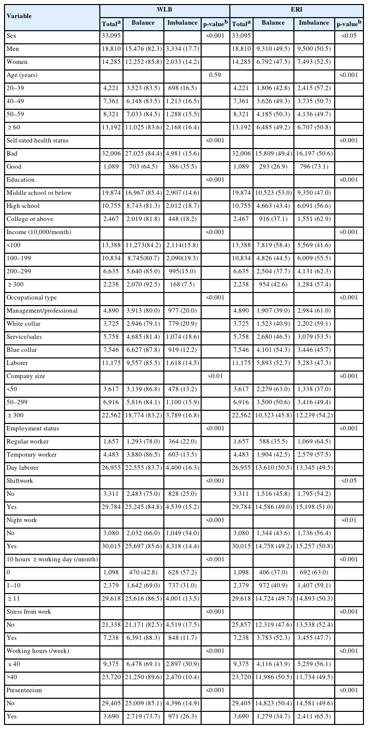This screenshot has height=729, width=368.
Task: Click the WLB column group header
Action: pos(164,10)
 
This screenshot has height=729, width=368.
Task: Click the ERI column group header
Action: pos(296,10)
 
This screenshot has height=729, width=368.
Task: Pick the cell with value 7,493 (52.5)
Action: pos(314,62)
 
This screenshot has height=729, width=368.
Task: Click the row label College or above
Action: pos(30,219)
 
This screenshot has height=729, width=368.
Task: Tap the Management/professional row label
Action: pos(42,311)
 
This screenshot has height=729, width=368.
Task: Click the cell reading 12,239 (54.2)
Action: pos(314,415)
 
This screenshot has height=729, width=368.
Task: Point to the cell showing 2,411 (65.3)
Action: pos(314,716)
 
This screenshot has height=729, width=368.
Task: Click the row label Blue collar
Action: pos(22,350)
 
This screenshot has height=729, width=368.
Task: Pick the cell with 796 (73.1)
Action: pos(314,167)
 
